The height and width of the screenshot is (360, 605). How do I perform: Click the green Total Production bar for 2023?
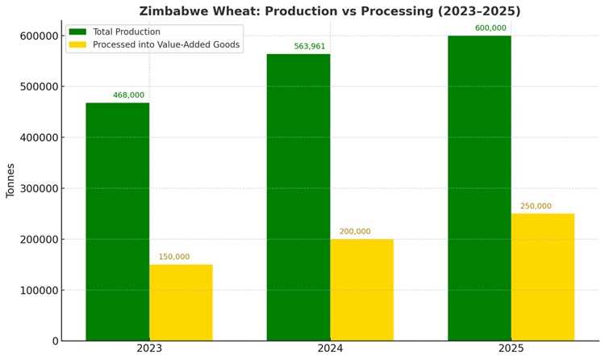pos(118,222)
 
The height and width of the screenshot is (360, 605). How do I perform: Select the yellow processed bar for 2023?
pos(181,303)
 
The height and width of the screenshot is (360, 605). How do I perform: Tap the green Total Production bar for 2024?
pos(298,198)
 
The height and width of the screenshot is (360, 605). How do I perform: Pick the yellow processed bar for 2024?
pos(362,290)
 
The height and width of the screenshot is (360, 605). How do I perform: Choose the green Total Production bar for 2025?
pos(480,188)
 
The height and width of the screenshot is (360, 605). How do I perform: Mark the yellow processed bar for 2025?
pos(543,277)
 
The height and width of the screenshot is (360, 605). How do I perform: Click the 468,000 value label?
pos(128,95)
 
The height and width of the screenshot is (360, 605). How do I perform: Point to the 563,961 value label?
pos(310,46)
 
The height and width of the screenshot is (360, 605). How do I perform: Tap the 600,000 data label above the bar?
pos(490,27)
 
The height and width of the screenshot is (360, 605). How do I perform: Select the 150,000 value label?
pos(174,257)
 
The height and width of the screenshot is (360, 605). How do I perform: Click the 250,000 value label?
pos(536,206)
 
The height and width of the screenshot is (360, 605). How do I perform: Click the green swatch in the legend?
pos(77,31)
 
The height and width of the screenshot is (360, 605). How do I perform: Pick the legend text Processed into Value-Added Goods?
pos(166,44)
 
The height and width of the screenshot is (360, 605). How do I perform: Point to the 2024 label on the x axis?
pos(330,349)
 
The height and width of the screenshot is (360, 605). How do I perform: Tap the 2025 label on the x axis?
pos(511,349)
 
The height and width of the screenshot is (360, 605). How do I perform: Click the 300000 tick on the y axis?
pos(39,189)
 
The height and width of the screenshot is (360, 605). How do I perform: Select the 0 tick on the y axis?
pos(55,341)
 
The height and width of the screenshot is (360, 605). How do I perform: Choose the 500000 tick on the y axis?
pos(39,86)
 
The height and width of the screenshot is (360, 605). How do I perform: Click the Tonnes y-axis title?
pos(10,181)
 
